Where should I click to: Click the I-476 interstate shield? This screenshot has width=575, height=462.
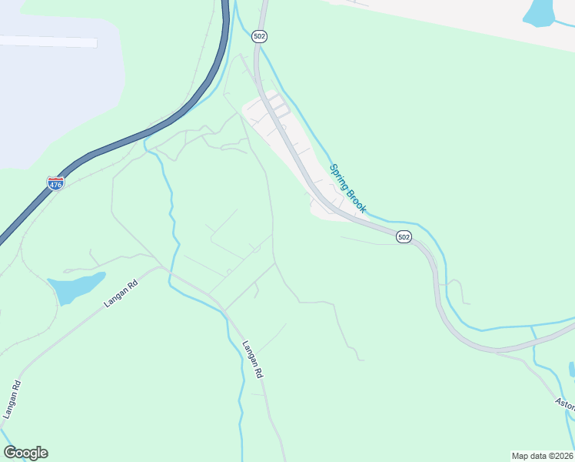[x=55, y=183]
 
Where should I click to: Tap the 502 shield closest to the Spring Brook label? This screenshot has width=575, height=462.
[x=404, y=236]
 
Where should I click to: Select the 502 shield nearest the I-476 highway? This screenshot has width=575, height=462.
[x=259, y=35]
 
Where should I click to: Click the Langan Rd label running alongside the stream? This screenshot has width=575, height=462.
[x=253, y=360]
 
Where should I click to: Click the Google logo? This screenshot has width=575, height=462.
[x=25, y=453]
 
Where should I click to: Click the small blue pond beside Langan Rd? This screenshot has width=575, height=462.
[x=75, y=286]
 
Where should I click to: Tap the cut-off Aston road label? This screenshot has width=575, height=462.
[x=564, y=403]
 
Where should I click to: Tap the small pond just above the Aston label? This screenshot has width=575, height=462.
[x=572, y=369]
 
